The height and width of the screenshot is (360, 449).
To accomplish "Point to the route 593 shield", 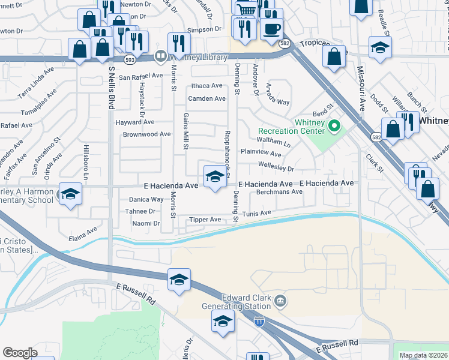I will coord(130,60).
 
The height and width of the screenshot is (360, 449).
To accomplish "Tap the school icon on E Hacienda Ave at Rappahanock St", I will coord(215,176).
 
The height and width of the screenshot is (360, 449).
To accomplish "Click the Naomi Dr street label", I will coord(146,223).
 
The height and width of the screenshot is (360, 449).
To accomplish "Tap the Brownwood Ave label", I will coord(146,134).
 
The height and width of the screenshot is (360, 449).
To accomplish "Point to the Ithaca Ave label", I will coord(206,86).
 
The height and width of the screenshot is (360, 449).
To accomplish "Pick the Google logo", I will coord(20,353).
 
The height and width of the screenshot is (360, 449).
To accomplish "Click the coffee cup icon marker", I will coord(271,28).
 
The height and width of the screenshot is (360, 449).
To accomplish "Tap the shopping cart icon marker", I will coord(246,10).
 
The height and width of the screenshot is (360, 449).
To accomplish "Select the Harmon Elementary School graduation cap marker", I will coord(71,194).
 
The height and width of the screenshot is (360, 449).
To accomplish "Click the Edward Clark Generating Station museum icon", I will coord(279,299).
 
